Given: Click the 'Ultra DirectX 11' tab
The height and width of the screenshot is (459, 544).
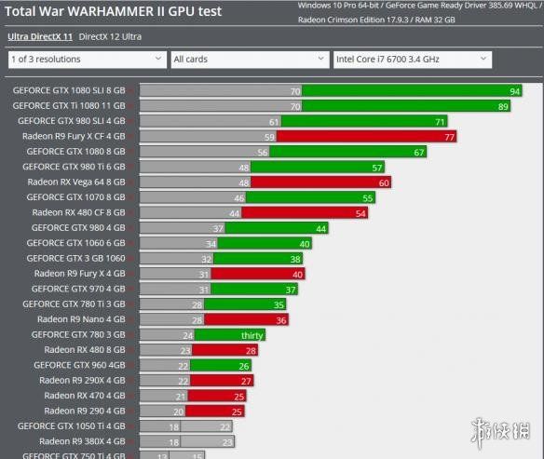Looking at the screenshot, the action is coord(40,36).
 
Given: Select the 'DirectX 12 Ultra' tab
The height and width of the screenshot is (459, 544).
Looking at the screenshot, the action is coord(110,36).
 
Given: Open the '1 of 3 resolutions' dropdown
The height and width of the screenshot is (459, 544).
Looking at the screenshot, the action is coord(88,60).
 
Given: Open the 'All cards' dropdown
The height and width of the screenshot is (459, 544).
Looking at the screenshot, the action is coord(250,60).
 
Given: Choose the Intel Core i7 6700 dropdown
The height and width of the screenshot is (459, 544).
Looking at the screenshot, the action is coord(413,60).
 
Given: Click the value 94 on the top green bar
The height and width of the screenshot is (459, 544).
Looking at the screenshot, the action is coord(514,91).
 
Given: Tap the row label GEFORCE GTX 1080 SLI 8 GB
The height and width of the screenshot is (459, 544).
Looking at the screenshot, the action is coord(69,90).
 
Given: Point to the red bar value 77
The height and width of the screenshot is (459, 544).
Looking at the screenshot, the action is coord(449,137).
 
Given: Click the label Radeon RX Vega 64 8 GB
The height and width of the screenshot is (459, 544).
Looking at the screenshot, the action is coord(76,182).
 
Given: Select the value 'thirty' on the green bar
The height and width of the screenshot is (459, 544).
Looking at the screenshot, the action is coord(252,335).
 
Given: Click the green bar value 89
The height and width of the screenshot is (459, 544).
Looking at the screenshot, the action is coord(503,107).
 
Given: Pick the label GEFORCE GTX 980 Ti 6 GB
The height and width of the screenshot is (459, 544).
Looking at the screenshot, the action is coord(74,167).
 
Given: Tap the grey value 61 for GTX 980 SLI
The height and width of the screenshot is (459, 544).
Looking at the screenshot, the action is coord(274,122).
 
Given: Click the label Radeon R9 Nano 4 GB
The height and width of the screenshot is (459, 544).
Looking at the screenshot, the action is coord(81,319).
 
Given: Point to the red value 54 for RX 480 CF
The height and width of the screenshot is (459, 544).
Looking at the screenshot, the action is coord(360,213).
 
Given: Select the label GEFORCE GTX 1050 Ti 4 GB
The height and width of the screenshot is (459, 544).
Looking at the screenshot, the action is coord(71,426).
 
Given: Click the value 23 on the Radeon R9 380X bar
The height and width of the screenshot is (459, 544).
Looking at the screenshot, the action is coord(227,442).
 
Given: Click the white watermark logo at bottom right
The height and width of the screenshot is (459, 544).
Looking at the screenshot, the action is coord(500,432).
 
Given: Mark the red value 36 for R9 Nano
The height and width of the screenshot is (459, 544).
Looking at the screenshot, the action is coord(281,320).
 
